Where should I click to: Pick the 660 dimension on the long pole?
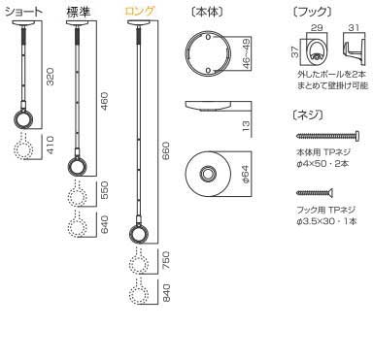166,147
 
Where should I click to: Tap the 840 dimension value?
166,293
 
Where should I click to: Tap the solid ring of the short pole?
23,122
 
